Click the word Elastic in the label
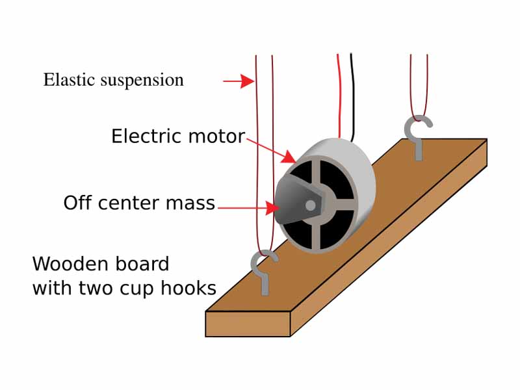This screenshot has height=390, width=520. coord(66,80)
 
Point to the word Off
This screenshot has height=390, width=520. coord(79,203)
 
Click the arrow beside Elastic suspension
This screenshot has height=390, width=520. coord(239,81)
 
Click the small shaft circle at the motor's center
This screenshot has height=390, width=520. coord(310,205)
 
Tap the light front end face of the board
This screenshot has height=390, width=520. coord(248,323)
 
